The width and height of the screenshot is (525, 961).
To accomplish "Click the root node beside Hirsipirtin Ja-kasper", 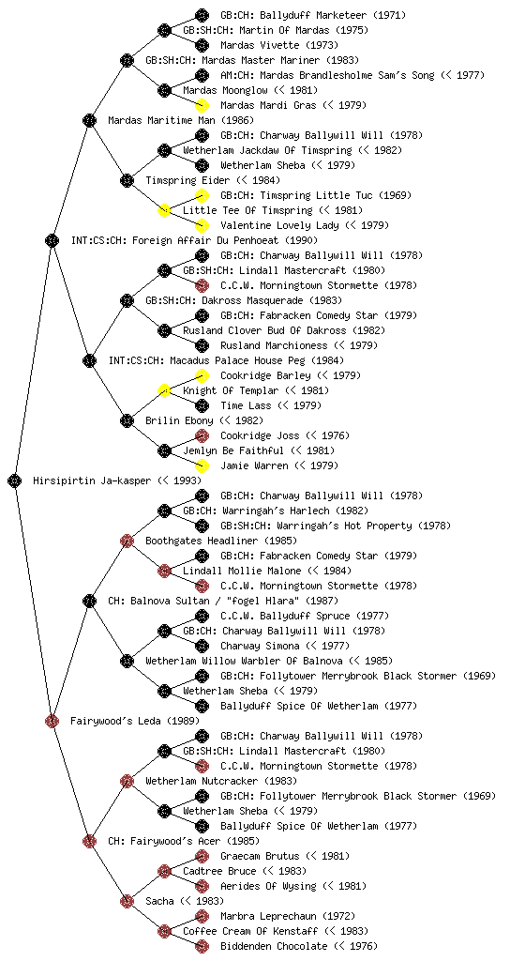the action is click(15, 480).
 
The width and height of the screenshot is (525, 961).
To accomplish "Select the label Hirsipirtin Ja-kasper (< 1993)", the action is click(117, 481).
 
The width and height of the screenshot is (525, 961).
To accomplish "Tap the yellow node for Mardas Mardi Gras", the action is click(202, 105).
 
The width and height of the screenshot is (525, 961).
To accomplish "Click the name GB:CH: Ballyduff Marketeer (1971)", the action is click(313, 15).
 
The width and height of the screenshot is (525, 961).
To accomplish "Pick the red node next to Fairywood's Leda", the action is click(52, 721).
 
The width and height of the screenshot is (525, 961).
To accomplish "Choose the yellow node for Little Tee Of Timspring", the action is click(164, 210).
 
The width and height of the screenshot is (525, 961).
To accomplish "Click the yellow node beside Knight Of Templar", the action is click(164, 390).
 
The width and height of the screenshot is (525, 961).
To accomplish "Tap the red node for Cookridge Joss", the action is click(202, 435).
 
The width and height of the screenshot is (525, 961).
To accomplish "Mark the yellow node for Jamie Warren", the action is click(202, 465).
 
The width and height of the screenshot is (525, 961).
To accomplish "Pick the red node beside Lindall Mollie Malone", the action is click(164, 571).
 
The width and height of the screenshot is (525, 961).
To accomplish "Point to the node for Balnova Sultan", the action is click(89, 601).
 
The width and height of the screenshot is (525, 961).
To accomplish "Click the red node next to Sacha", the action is click(127, 901).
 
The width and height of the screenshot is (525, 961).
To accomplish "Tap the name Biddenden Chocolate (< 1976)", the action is click(299, 946).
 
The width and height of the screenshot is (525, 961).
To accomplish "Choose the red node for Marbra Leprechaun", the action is click(202, 916).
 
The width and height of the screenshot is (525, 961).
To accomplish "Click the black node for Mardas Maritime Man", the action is click(89, 120).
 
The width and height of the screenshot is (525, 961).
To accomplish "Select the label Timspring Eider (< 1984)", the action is click(213, 180).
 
